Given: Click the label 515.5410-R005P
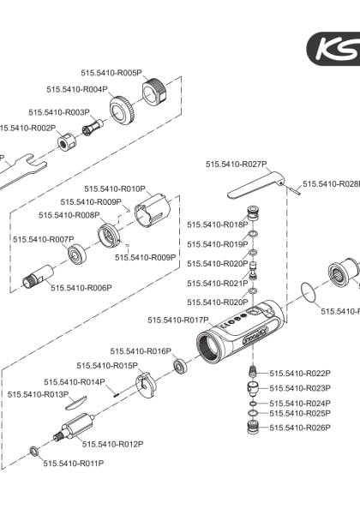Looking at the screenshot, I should tap(111, 74).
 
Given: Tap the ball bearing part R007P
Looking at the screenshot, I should tap(81, 254).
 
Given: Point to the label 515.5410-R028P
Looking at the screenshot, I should tap(330, 184).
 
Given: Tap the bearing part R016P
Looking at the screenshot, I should tap(182, 366).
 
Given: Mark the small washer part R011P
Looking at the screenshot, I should tap(33, 451).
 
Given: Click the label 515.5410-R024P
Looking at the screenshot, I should tap(300, 403).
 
